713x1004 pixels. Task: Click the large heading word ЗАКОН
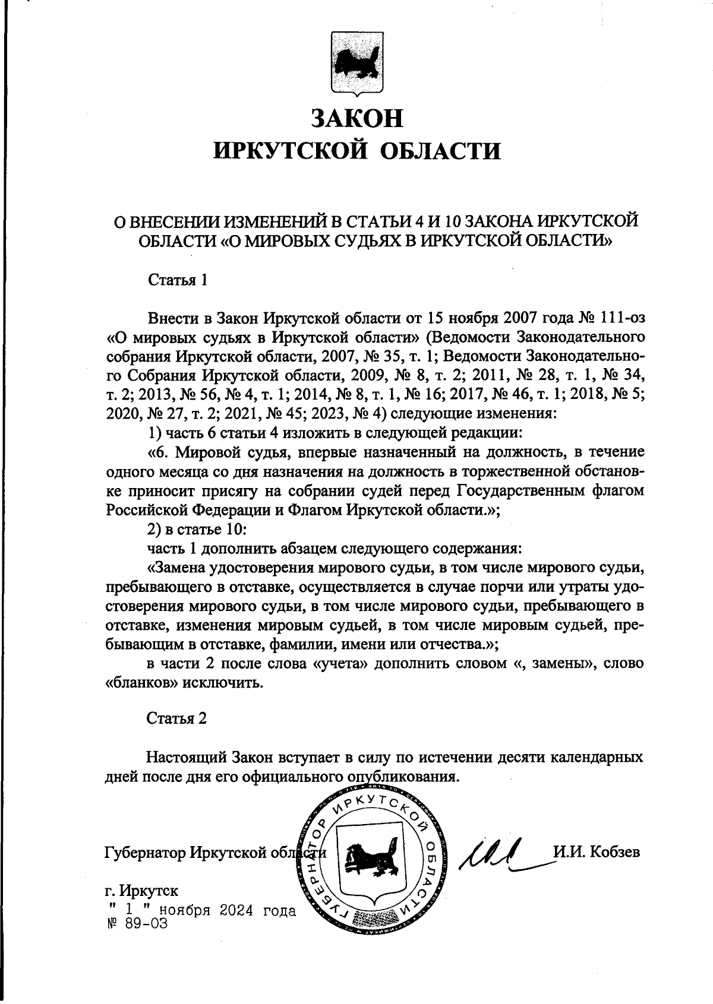[x=356, y=118]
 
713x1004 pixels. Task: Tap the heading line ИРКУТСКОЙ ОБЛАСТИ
[x=356, y=151]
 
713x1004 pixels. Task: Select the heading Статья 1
[x=177, y=280]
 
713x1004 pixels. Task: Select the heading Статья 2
[x=177, y=718]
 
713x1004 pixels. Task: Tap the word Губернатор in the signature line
[x=143, y=853]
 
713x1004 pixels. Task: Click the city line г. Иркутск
[x=141, y=891]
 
